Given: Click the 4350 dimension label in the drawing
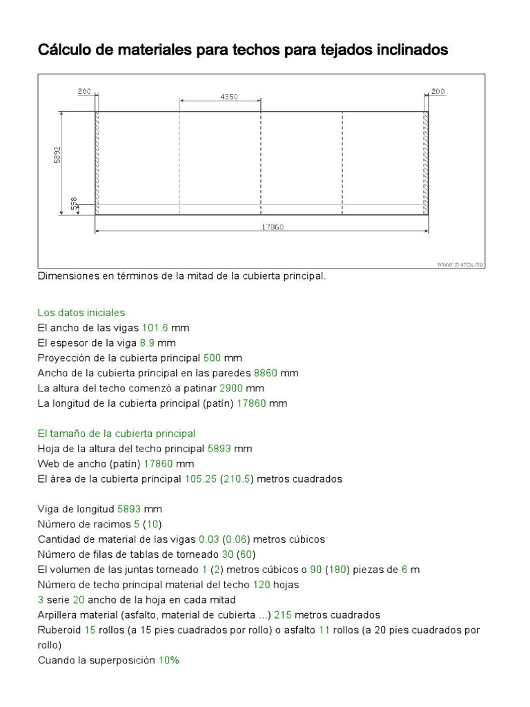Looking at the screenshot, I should [x=228, y=97].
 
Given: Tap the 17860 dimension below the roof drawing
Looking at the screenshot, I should [x=273, y=226].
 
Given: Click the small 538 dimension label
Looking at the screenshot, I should [x=75, y=204].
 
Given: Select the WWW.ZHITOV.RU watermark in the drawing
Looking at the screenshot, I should [x=460, y=264].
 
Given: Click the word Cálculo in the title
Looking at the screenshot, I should [x=64, y=50].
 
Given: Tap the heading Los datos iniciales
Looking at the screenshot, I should [x=81, y=313].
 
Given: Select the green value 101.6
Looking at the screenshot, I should [x=155, y=327].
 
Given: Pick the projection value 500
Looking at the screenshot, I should [x=213, y=358].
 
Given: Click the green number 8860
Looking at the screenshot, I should [x=266, y=373].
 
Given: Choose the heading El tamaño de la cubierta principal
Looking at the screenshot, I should [x=117, y=434].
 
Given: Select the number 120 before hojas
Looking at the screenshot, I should [x=261, y=584].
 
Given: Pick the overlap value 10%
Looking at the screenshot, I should [x=168, y=660].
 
